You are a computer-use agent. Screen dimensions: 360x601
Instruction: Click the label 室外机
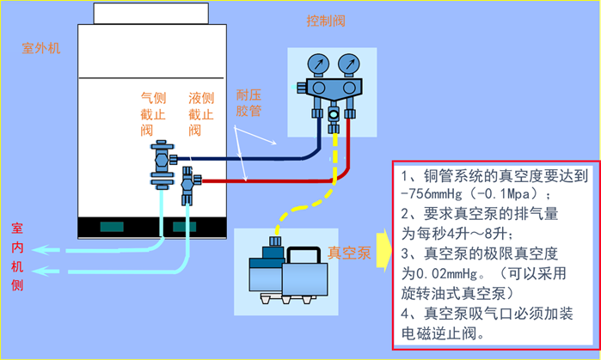40,48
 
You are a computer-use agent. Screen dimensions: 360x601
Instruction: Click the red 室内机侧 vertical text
16,257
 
